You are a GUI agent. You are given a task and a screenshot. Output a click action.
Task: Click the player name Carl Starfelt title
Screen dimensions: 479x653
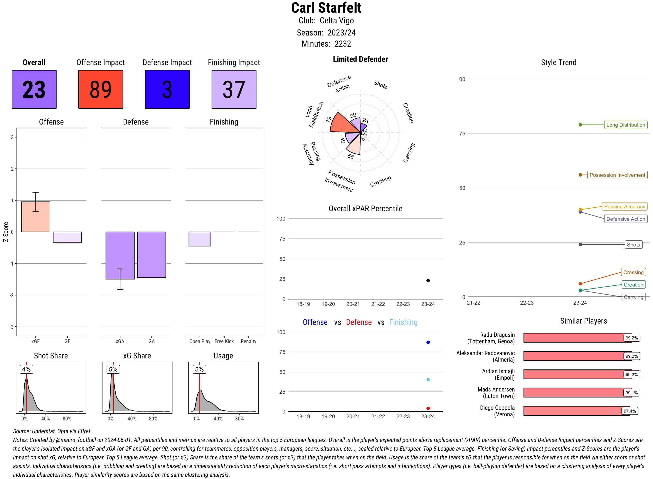(x=326, y=8)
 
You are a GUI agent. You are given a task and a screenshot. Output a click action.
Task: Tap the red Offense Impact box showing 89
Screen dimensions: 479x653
(x=101, y=89)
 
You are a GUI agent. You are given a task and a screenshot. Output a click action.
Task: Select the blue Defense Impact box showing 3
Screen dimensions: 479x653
(x=167, y=89)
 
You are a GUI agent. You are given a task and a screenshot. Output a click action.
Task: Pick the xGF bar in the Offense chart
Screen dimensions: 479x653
(x=36, y=217)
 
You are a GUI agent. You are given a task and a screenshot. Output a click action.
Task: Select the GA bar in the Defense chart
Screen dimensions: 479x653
(x=151, y=255)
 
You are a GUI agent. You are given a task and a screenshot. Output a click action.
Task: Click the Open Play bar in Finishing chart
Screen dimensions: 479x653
(x=200, y=239)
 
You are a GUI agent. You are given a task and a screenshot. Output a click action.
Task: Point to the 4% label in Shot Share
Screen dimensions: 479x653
(x=26, y=369)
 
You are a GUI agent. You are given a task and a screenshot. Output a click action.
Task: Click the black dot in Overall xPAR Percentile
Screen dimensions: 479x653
(x=428, y=280)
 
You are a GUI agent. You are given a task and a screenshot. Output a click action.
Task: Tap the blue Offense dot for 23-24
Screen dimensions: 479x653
(x=428, y=342)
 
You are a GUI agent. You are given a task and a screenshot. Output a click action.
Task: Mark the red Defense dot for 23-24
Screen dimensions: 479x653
(x=428, y=408)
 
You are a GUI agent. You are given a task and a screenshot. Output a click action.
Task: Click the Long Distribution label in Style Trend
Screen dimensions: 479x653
(x=626, y=125)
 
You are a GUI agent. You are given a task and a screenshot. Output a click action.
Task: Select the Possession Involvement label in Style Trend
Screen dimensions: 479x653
(x=617, y=175)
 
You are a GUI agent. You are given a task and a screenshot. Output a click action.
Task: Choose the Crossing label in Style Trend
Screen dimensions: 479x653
(x=633, y=272)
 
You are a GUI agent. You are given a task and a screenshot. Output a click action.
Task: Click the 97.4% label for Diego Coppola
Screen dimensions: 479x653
(x=629, y=411)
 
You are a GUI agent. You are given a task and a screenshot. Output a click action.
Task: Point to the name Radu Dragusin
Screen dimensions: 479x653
(x=497, y=335)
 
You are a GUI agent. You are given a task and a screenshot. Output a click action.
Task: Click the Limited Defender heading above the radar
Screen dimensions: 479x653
(x=360, y=59)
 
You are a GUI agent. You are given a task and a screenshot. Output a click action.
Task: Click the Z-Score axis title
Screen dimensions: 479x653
(x=5, y=232)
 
